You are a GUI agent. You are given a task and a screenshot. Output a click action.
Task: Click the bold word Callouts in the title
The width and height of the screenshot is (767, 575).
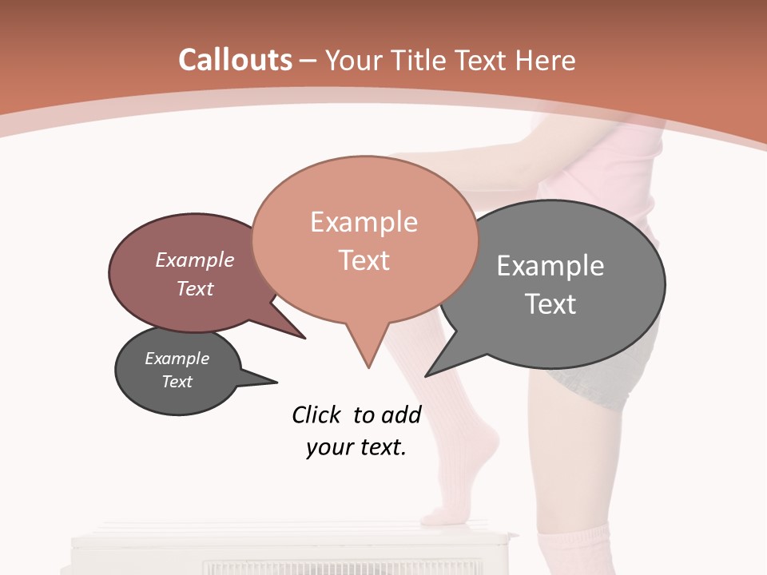click(236, 60)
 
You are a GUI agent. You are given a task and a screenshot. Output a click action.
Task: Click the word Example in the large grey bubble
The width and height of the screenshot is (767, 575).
click(550, 265)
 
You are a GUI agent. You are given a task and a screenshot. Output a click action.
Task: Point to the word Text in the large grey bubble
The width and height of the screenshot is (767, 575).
click(550, 304)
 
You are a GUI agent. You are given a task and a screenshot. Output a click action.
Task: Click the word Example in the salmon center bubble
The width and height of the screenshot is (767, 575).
click(364, 222)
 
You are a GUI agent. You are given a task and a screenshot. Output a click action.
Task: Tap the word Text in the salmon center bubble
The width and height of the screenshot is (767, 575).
click(364, 260)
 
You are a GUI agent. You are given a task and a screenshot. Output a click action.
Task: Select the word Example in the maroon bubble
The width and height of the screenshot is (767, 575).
click(195, 260)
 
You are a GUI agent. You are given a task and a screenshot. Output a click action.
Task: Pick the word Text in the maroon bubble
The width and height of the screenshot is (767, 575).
click(195, 288)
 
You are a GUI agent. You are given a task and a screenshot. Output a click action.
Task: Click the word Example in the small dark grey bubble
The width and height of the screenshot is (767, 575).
click(177, 359)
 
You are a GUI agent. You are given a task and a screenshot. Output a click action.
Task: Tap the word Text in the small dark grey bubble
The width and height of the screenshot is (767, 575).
click(177, 382)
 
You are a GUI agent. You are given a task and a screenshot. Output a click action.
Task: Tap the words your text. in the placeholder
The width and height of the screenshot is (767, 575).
click(356, 447)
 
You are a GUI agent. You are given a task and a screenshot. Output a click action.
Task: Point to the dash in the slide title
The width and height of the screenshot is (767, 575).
click(308, 61)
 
